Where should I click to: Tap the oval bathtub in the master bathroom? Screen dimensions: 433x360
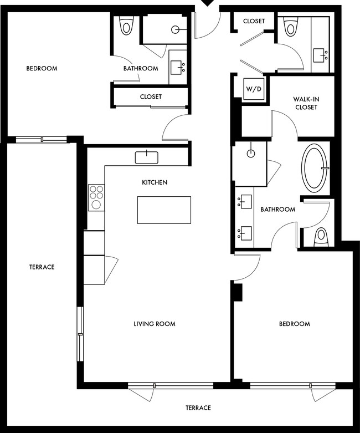(x=315, y=167)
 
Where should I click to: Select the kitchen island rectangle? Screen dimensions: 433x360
(x=164, y=210)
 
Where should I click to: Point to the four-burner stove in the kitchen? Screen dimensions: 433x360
(x=96, y=197)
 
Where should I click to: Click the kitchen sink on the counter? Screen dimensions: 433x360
(x=147, y=157)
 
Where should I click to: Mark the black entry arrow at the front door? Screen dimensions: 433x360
(x=207, y=3)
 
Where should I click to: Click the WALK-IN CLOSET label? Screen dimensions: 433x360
(x=306, y=103)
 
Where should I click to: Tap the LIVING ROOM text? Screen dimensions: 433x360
(x=155, y=324)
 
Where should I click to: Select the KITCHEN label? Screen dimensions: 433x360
(x=155, y=182)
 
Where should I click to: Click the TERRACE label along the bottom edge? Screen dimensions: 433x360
(x=198, y=408)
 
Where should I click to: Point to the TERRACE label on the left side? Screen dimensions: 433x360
(x=42, y=267)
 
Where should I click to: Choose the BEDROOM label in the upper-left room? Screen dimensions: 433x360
(x=42, y=69)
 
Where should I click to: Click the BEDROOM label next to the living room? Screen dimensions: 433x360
(x=294, y=324)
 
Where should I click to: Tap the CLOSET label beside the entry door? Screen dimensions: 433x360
(x=254, y=21)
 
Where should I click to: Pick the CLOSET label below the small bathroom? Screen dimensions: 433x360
(x=151, y=96)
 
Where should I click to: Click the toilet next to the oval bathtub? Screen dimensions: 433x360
(x=321, y=237)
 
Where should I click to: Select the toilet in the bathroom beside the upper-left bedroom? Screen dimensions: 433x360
(x=127, y=26)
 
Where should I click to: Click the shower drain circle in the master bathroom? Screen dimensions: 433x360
(x=251, y=151)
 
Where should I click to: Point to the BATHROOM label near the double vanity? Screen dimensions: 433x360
(x=278, y=210)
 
